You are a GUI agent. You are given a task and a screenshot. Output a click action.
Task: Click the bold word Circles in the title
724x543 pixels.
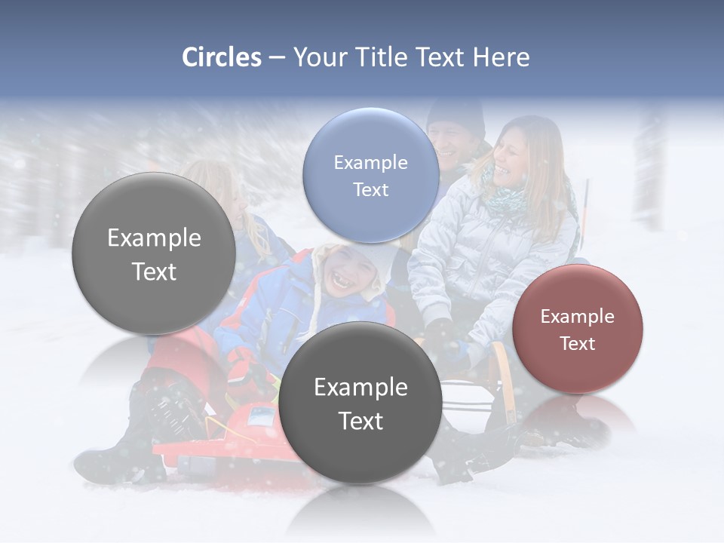click(221, 57)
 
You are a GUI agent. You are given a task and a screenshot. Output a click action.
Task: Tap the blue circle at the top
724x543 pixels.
click(370, 175)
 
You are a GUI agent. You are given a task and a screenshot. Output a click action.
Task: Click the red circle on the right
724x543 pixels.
click(577, 330)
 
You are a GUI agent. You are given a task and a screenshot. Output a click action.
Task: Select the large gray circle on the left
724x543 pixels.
click(154, 253)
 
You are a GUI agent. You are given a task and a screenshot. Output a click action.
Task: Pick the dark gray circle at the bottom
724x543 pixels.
click(360, 403)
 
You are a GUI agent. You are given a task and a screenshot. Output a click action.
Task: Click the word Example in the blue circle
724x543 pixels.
click(370, 162)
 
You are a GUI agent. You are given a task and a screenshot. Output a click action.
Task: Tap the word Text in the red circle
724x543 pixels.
click(577, 344)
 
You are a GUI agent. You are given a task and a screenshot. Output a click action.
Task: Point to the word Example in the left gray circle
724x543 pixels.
click(154, 238)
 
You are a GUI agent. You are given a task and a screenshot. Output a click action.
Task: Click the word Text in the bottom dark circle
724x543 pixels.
click(360, 421)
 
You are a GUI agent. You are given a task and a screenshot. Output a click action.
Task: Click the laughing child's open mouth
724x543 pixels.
click(341, 282)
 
